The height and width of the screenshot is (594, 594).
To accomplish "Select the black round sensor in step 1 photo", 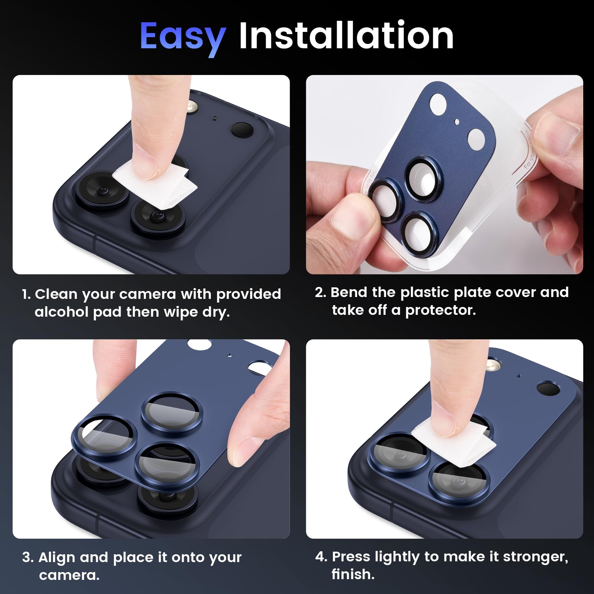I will tap(242, 129).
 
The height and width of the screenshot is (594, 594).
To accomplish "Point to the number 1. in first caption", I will tap(27, 294).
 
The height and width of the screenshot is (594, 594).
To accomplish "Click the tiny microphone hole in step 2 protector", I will tap(457, 121).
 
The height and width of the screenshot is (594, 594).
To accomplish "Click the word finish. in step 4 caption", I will tap(353, 574).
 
